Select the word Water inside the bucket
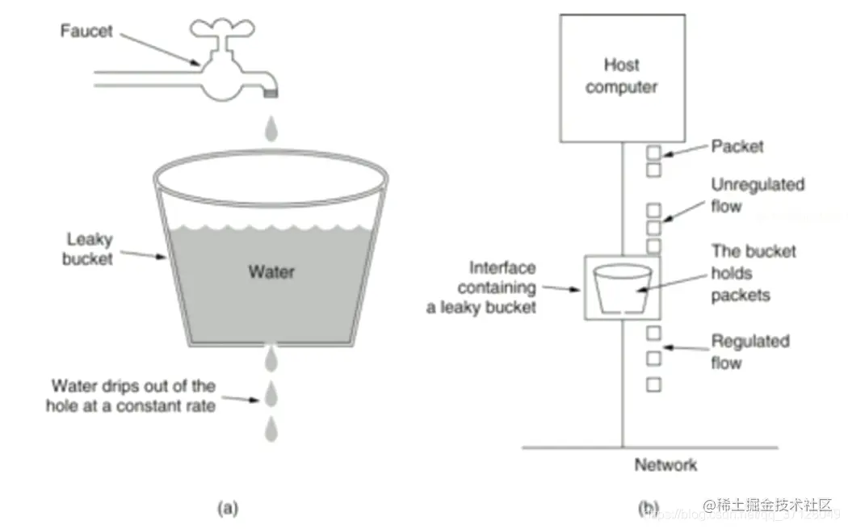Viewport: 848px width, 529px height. (271, 271)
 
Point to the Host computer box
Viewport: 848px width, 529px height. (621, 76)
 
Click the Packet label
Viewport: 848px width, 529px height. (737, 147)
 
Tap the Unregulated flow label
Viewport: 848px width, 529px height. (757, 195)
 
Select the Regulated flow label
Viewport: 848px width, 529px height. (749, 351)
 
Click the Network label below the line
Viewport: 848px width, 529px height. (665, 464)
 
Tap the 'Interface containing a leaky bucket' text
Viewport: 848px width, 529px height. (484, 288)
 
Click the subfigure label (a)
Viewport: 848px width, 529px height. (229, 508)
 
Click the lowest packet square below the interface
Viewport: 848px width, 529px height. (653, 384)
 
